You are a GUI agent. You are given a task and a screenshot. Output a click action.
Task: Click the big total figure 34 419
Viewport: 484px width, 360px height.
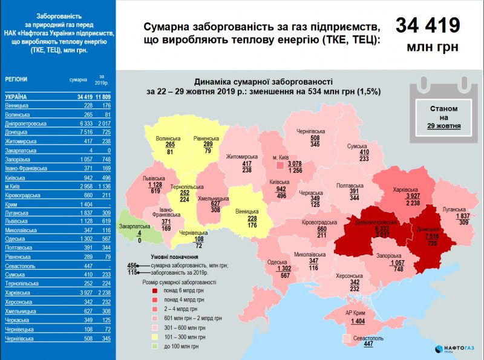(427, 26)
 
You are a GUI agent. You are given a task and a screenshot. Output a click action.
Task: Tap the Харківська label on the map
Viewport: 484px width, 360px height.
(405, 189)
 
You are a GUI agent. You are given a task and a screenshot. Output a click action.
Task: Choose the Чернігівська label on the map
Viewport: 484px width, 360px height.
(312, 131)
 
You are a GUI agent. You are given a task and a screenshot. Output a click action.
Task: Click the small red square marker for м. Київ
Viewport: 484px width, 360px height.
(279, 164)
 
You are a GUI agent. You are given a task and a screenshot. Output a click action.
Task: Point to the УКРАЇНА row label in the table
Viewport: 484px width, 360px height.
(16, 97)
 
